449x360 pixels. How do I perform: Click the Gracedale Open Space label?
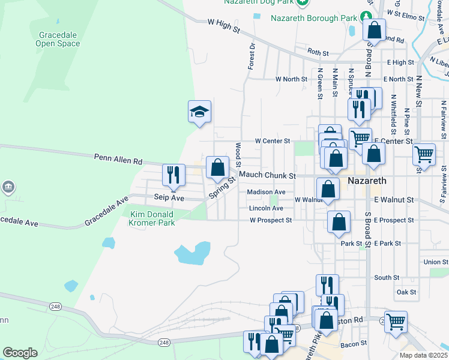tap(58, 39)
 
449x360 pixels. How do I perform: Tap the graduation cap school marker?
tap(200, 112)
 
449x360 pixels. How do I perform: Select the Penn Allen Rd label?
tap(118, 160)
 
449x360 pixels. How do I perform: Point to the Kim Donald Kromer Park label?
tap(152, 218)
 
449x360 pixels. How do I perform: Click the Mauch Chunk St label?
tap(267, 176)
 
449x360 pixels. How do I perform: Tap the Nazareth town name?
tap(369, 180)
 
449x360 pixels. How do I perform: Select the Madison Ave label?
tap(266, 192)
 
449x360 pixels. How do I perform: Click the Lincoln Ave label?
tap(265, 208)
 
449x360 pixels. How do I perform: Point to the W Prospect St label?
tap(271, 220)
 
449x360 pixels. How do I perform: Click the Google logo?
tap(19, 353)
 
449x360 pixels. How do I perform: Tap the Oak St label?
tap(406, 292)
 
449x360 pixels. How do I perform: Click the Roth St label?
tap(318, 53)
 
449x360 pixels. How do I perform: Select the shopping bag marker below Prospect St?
tap(339, 221)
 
